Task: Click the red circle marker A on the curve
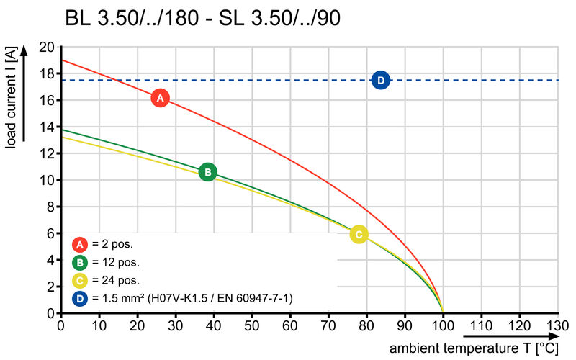160,98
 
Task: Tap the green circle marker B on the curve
207,172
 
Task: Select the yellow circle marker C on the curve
359,234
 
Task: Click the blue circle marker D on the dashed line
381,80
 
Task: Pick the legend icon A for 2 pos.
80,244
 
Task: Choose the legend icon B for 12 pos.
80,262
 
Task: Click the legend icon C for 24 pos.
80,280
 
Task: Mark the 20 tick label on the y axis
47,47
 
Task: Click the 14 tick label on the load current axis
47,127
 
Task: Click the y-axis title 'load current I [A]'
10,101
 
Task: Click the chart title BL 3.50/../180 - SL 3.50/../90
202,19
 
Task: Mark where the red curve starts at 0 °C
61,60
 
